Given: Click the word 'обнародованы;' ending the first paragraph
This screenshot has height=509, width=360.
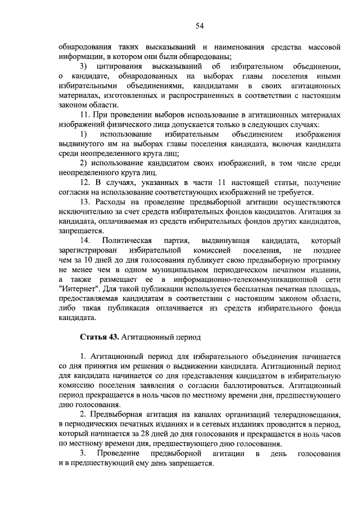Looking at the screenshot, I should coord(202,56).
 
